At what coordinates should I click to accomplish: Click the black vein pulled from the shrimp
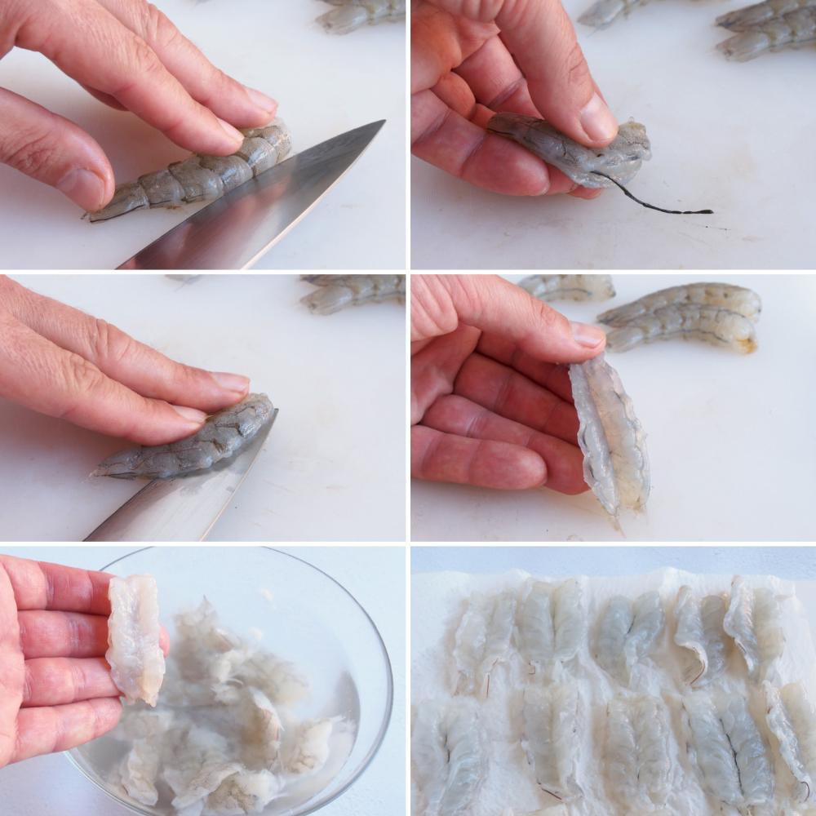(653, 204)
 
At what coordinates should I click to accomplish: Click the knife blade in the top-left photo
(269, 204)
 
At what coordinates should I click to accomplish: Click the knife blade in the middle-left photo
(180, 498)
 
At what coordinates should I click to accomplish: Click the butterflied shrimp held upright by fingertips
(612, 437)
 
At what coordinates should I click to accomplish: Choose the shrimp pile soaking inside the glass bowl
(237, 726)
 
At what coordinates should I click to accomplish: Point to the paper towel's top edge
(612, 574)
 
